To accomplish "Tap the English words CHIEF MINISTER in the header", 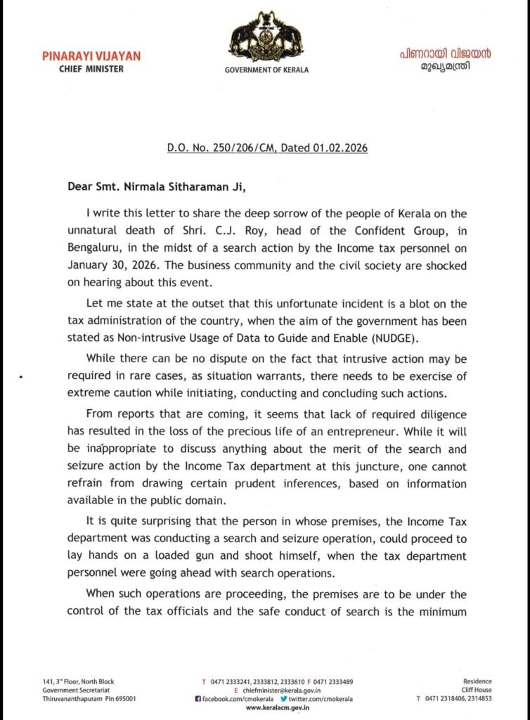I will pos(91,69).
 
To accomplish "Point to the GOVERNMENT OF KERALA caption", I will pos(266,70).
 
